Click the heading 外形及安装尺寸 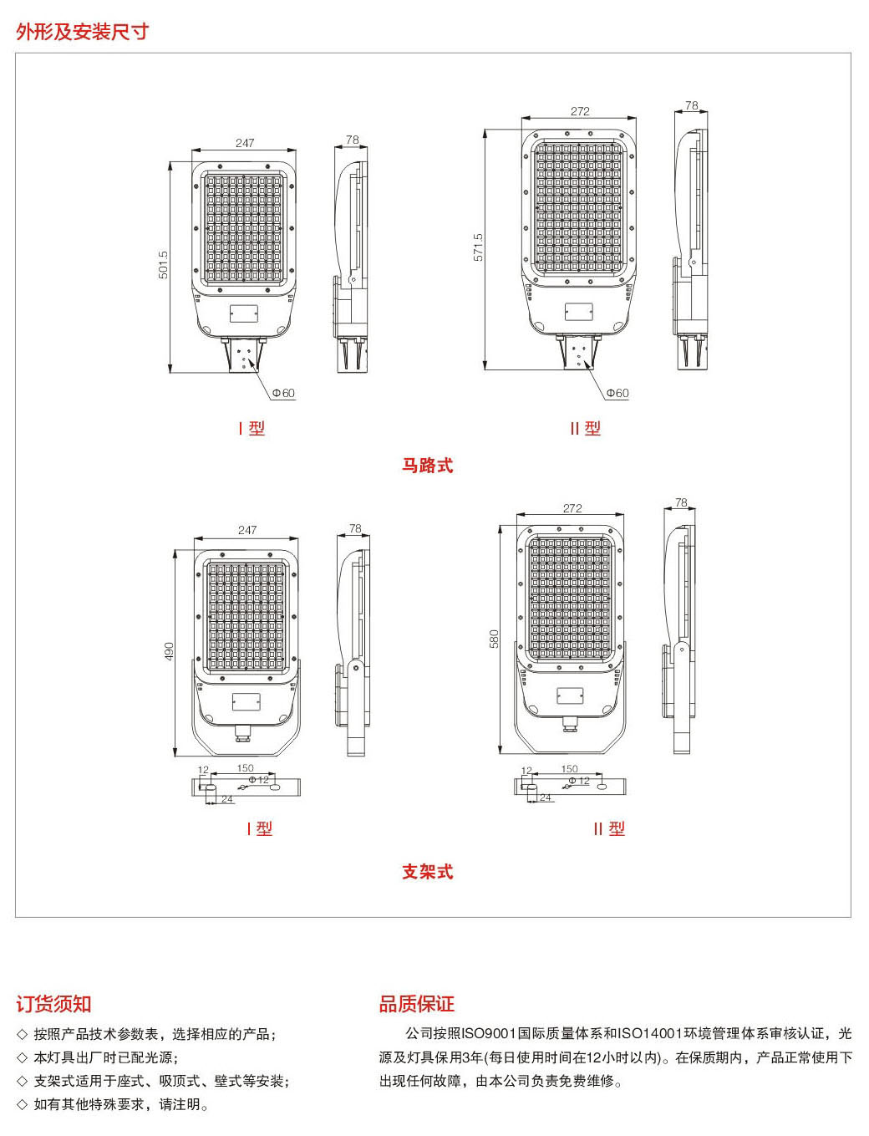[x=83, y=32]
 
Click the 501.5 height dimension [x=164, y=265]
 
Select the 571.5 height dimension [x=479, y=247]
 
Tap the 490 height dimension [x=169, y=651]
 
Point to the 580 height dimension [x=494, y=639]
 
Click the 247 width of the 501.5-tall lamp [x=245, y=143]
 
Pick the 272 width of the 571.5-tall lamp [x=580, y=111]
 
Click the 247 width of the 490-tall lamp [x=247, y=530]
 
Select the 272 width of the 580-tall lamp [x=572, y=508]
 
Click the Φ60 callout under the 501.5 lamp [x=283, y=394]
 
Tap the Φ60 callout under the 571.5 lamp [x=617, y=394]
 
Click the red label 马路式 [x=428, y=466]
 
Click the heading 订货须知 [x=53, y=1004]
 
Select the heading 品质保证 [x=417, y=1004]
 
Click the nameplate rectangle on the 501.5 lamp [x=244, y=313]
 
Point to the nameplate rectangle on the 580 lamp [x=570, y=695]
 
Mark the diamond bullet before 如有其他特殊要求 [x=22, y=1104]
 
